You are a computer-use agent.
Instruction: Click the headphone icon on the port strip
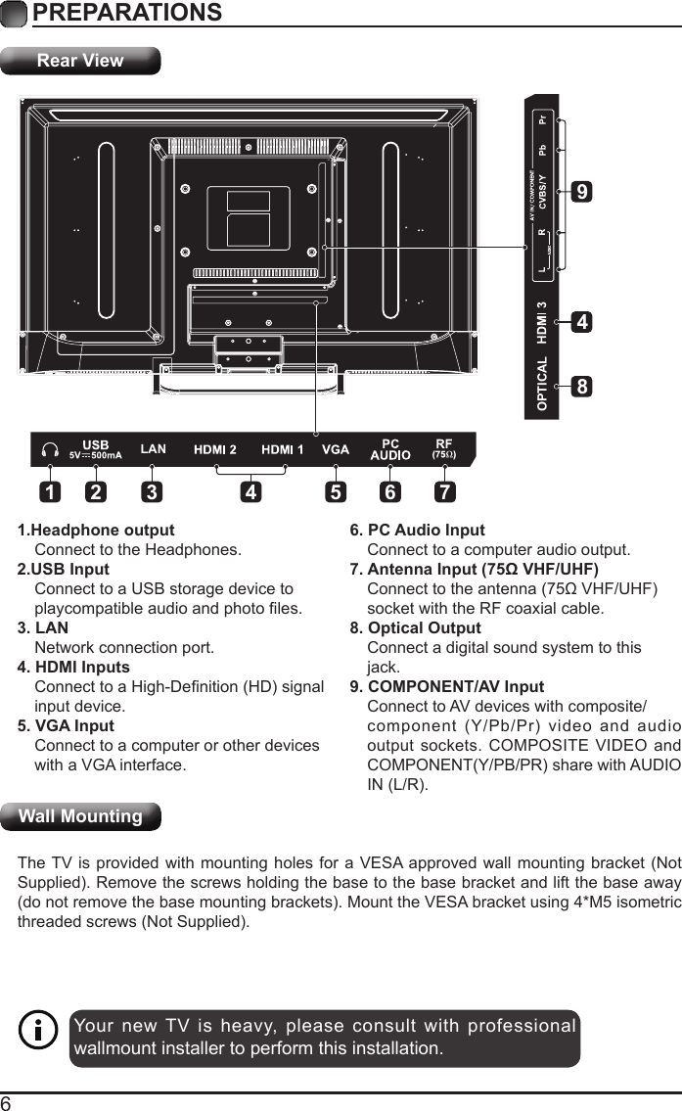50,450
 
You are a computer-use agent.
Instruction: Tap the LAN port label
154,449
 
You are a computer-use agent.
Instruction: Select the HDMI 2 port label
215,450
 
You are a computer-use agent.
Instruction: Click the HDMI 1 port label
283,450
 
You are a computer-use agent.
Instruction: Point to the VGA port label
336,450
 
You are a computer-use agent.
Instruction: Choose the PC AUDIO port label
389,450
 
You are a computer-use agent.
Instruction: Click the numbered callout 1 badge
48,492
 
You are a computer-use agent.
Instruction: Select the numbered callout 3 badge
152,492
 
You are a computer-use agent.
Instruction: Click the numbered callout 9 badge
582,193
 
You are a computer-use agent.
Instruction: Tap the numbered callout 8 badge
582,388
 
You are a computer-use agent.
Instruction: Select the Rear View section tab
80,61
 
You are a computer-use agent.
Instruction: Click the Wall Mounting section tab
80,816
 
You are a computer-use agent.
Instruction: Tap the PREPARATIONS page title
127,13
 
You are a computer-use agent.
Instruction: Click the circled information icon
39,1031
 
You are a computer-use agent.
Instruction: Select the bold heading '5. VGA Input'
66,726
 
